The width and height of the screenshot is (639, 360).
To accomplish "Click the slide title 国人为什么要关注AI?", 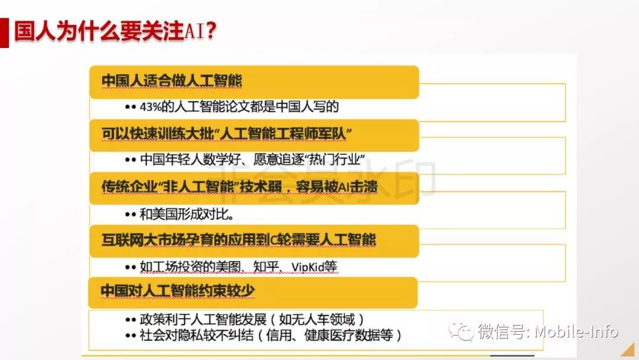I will click(x=115, y=31).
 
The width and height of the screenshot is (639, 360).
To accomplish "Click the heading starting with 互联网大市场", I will click(x=238, y=239).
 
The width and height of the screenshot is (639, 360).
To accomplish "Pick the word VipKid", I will click(x=314, y=266).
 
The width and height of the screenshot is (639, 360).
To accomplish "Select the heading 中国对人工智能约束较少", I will click(x=177, y=291).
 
